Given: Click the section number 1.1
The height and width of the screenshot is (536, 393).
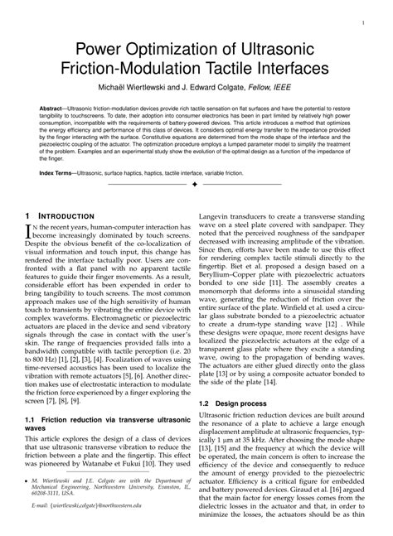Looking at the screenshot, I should pyautogui.click(x=34, y=420).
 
